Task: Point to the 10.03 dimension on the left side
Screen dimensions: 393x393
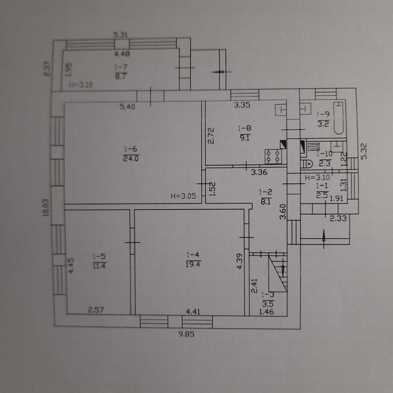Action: tap(47, 208)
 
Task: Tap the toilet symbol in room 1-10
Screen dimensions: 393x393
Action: tap(307, 164)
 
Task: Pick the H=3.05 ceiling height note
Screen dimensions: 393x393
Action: tap(182, 196)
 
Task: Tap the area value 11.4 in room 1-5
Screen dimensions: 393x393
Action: tap(98, 266)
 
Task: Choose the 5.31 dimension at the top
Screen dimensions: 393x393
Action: tap(122, 35)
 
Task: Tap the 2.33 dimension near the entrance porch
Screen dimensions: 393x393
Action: tap(337, 218)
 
